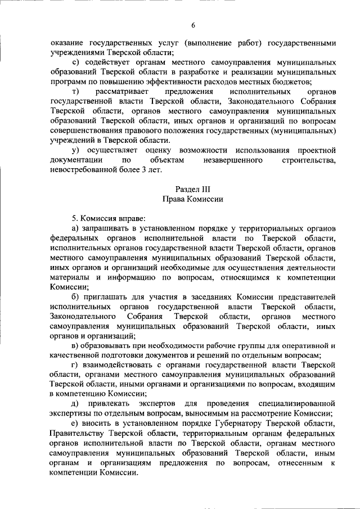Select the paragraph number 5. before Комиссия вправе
click(x=75, y=218)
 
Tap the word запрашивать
click(x=112, y=228)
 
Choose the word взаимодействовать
click(x=123, y=364)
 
